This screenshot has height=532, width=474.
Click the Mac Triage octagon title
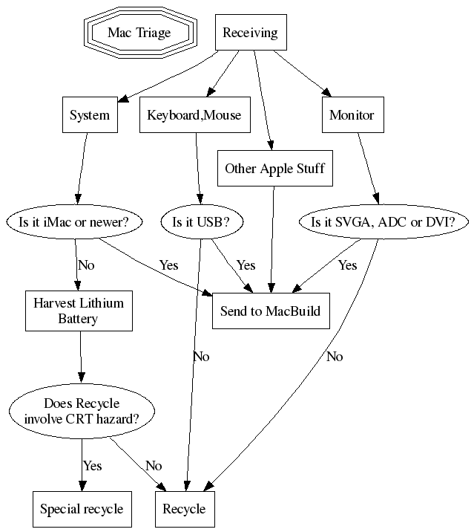pyautogui.click(x=139, y=33)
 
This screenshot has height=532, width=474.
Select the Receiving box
pyautogui.click(x=250, y=33)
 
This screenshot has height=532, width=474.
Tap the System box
pyautogui.click(x=89, y=115)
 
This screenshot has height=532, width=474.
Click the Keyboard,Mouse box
pyautogui.click(x=194, y=115)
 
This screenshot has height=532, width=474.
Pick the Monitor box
pyautogui.click(x=352, y=115)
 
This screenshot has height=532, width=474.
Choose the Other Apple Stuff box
pyautogui.click(x=274, y=169)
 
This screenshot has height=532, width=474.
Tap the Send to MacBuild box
pyautogui.click(x=270, y=311)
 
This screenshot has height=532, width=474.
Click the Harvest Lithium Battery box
pyautogui.click(x=79, y=311)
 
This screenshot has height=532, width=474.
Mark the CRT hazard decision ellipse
pyautogui.click(x=81, y=411)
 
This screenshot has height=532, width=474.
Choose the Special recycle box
pyautogui.click(x=81, y=510)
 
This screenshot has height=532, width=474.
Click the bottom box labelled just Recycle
pyautogui.click(x=183, y=510)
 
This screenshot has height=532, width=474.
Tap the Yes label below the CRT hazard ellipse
pyautogui.click(x=92, y=466)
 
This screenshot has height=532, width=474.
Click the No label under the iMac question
pyautogui.click(x=86, y=265)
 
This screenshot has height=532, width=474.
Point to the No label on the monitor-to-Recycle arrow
pyautogui.click(x=334, y=357)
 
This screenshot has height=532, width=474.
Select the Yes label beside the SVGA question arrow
pyautogui.click(x=347, y=265)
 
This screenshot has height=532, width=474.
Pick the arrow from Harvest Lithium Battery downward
pyautogui.click(x=80, y=360)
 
